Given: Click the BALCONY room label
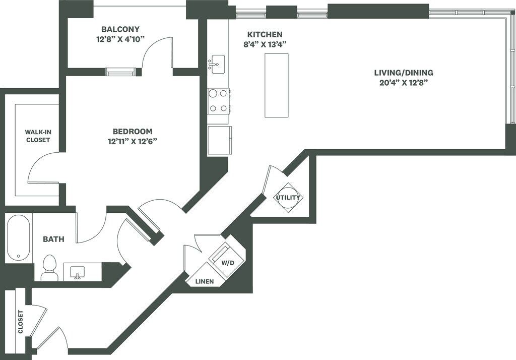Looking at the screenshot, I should click(x=120, y=29).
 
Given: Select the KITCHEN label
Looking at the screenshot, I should click(x=265, y=34).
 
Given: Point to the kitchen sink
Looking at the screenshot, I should click(x=218, y=63).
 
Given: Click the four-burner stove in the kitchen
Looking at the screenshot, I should click(x=219, y=100).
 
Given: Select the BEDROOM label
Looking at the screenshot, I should click(x=133, y=131).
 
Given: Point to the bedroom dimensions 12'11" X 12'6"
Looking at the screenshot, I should click(x=133, y=141).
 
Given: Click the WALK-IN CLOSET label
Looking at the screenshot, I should click(x=38, y=136).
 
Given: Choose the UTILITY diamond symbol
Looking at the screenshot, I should click(x=288, y=198).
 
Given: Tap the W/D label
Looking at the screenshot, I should click(x=228, y=263).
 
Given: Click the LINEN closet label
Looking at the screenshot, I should click(x=204, y=281).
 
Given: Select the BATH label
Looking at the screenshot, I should click(x=53, y=239).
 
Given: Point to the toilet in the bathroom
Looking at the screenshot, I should click(x=49, y=268).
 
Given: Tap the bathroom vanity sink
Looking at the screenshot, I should click(x=78, y=272).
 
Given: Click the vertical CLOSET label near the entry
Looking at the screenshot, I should click(x=20, y=322).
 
